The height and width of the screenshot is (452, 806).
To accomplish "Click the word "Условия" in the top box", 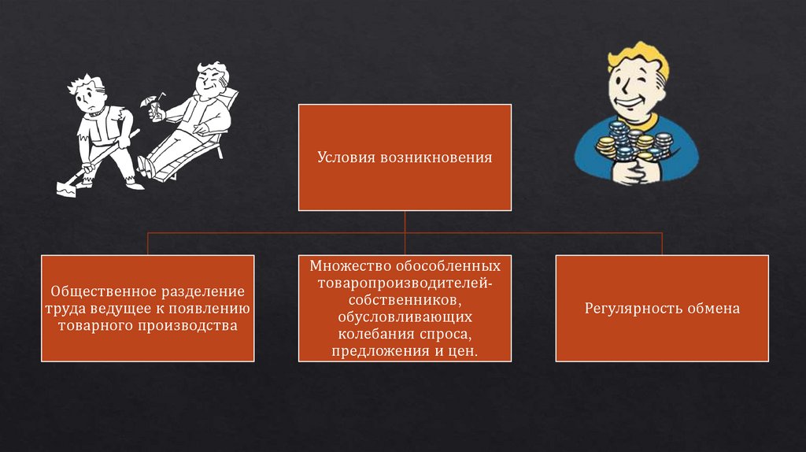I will point(347,157).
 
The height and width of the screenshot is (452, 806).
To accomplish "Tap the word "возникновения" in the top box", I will point(437,157).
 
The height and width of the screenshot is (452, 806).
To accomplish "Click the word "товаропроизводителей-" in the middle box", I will point(405,283).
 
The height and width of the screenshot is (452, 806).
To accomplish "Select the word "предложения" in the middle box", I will point(377,350).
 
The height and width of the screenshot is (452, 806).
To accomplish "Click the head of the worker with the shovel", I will point(86,93).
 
